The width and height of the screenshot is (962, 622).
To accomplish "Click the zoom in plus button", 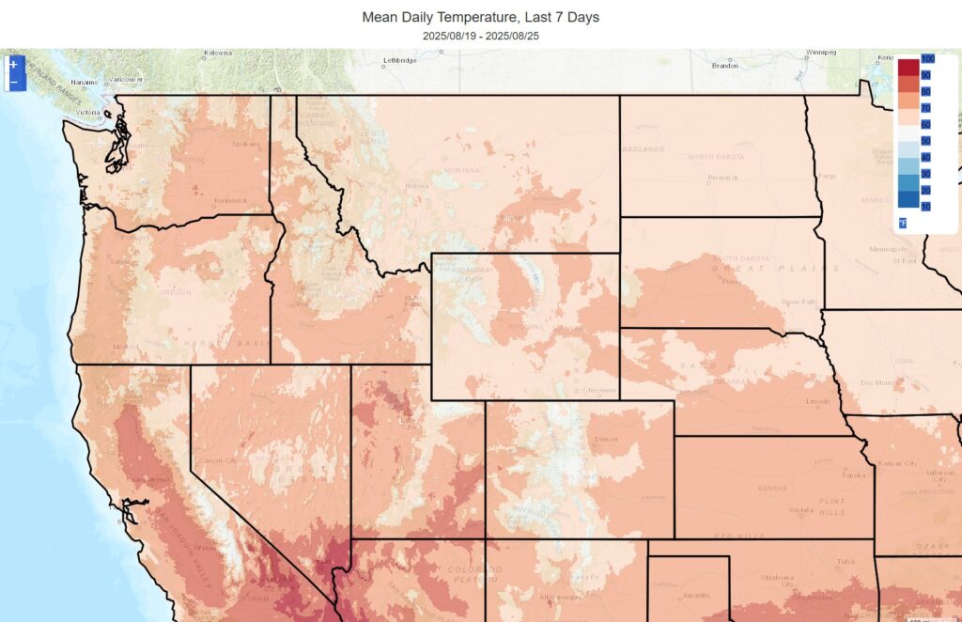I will point(13,65).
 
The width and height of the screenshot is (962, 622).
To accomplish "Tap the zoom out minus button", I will point(13,83).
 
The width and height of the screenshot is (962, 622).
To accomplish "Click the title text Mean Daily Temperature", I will point(480,17).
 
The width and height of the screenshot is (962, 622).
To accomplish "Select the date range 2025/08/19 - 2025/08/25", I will point(480,36).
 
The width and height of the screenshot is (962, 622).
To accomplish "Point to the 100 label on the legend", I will point(927,59).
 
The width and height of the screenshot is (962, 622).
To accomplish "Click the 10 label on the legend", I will point(925,206).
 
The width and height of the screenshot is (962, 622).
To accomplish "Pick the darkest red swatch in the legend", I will point(908,68).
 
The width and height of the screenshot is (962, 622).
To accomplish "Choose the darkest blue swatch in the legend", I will point(908,199).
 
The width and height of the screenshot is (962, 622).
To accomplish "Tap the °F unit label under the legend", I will point(903,223).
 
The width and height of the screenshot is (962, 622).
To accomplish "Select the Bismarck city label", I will point(722,177).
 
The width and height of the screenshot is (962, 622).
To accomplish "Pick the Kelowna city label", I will point(219,52).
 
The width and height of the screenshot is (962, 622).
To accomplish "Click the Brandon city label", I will point(724,66).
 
